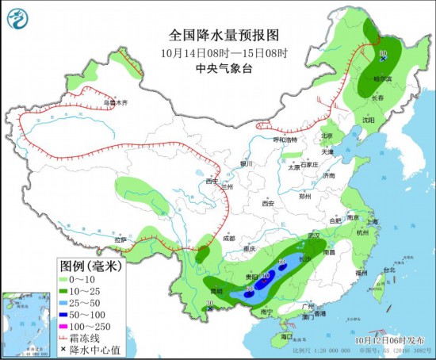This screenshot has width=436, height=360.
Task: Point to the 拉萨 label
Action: click(120, 239)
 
